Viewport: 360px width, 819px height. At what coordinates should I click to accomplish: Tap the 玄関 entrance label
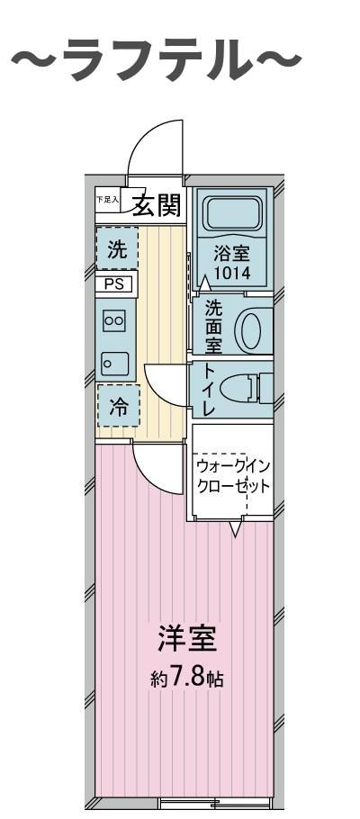(157, 206)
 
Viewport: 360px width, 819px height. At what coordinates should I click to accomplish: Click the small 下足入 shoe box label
(107, 201)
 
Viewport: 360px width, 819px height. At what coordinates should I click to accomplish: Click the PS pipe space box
(116, 285)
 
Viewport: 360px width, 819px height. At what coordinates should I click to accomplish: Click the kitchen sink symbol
(114, 364)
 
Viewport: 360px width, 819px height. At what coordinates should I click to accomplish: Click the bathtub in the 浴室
(231, 215)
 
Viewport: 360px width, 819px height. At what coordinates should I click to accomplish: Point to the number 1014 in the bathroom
(232, 272)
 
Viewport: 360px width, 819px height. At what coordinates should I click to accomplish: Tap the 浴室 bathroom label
(231, 254)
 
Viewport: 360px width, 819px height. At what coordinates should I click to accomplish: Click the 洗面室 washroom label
(213, 326)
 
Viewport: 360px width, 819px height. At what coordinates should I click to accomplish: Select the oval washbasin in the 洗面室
(255, 329)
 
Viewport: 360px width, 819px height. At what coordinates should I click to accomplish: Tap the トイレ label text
(209, 390)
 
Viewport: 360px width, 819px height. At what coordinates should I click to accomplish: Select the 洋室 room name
(187, 641)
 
